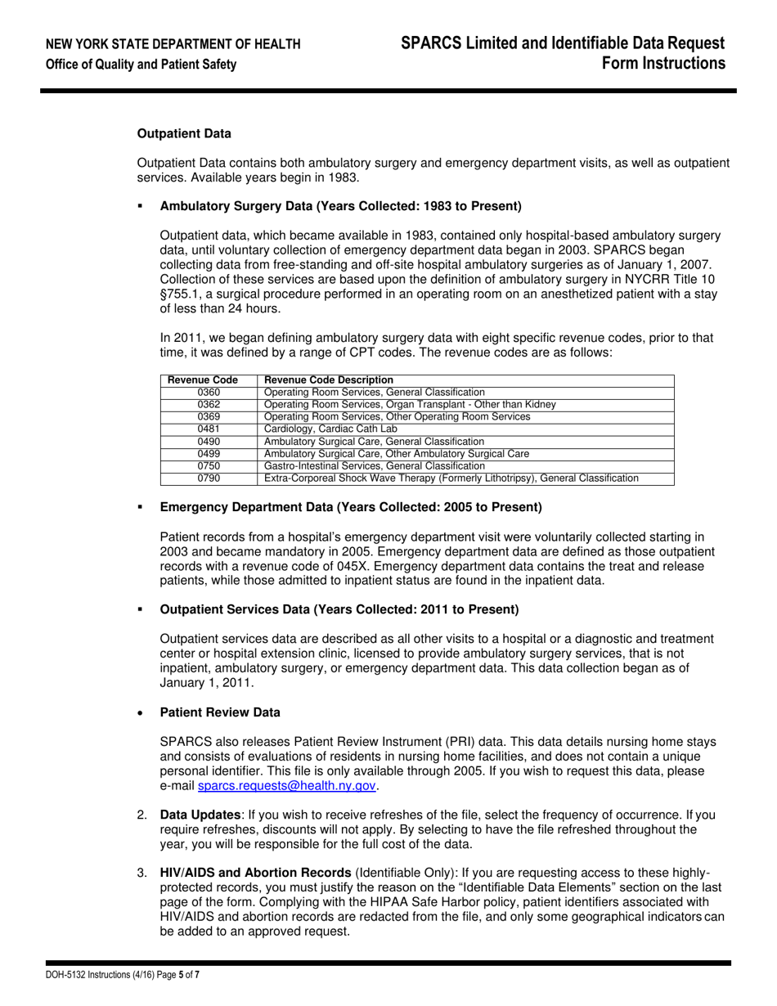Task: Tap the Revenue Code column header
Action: click(203, 380)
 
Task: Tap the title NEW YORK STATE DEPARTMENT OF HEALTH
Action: click(173, 43)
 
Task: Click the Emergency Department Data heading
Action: click(350, 508)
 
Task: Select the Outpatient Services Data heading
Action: click(339, 609)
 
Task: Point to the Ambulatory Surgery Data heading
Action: click(340, 205)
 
